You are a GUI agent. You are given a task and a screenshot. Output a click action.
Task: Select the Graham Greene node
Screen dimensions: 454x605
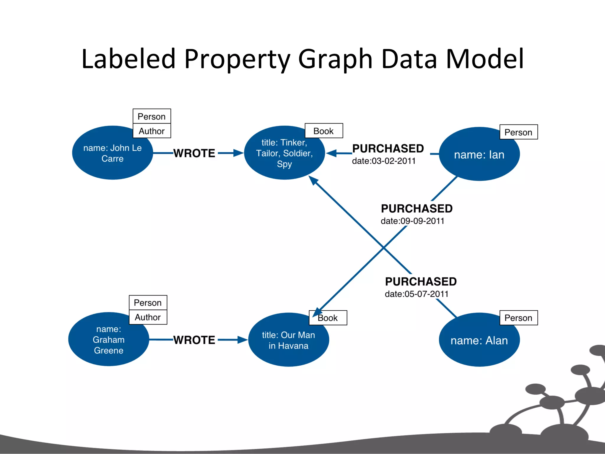[x=108, y=340]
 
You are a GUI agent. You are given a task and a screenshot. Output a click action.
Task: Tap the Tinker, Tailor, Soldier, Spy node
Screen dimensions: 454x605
[x=284, y=153]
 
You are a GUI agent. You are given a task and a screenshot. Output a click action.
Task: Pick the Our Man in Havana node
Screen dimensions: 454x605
[x=288, y=340]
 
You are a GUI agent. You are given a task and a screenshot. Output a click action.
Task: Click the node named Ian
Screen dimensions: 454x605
[x=479, y=155]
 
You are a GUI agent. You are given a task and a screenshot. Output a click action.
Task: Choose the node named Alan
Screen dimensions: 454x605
[x=479, y=340]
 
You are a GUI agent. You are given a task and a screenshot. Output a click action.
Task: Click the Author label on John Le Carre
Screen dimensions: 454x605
[x=152, y=131]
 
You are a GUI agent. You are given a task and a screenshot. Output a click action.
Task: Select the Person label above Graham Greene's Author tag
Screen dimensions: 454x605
[x=148, y=303]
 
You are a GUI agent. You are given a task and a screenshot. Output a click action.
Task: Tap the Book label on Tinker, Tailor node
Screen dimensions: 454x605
[x=323, y=131]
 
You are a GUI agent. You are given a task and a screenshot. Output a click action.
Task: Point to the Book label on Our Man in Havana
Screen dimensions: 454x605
[x=328, y=318]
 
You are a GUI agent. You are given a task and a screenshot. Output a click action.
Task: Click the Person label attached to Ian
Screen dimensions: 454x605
[x=518, y=132]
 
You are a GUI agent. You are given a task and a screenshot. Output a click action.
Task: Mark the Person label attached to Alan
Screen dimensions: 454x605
[x=518, y=318]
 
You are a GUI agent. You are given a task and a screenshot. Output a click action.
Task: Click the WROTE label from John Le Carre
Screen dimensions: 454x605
[x=194, y=153]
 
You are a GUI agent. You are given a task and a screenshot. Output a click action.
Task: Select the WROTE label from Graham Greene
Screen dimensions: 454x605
[x=194, y=340]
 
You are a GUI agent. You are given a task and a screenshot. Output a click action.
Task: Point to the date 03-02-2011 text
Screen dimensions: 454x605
[x=384, y=161]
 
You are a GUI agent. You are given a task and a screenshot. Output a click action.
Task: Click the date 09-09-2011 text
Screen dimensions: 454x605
[x=412, y=221]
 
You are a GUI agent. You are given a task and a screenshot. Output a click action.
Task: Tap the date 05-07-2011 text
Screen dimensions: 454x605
[x=417, y=294]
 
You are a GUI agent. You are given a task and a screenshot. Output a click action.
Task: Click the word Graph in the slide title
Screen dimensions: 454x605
[x=335, y=59]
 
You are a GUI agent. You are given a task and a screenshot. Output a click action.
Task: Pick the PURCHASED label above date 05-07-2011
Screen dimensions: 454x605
[x=421, y=282]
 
